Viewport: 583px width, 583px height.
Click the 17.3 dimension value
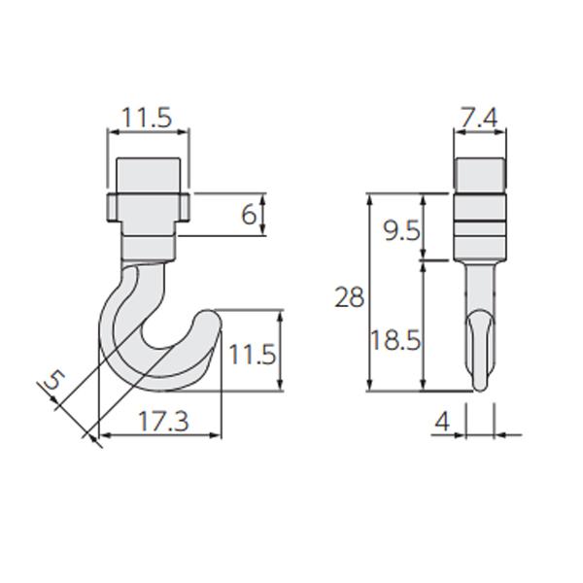[163, 422]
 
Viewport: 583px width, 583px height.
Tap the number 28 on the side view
[349, 297]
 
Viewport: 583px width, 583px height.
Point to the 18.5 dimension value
[395, 339]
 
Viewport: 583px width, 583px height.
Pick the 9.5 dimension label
[402, 230]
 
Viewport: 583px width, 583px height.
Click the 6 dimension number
[249, 215]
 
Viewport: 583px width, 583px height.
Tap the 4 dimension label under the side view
[442, 422]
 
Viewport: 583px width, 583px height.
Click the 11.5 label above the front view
[148, 118]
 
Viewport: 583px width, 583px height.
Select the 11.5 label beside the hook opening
[252, 354]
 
